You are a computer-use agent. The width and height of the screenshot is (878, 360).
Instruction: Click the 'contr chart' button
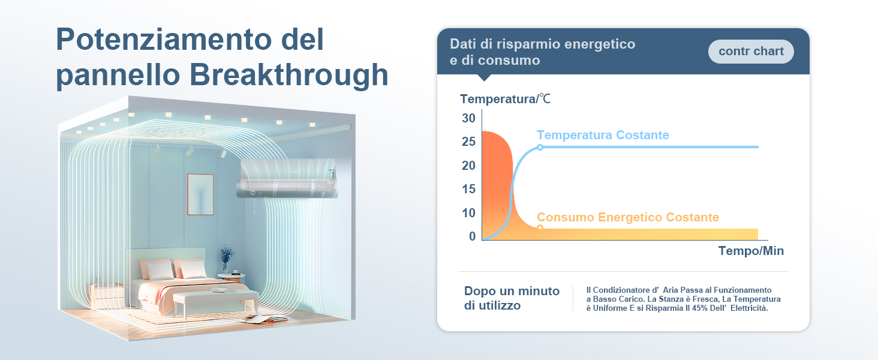tap(751, 52)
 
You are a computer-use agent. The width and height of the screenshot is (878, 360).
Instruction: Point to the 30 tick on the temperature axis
tap(468, 118)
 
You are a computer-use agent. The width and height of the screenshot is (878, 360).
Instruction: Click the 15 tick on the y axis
tap(468, 190)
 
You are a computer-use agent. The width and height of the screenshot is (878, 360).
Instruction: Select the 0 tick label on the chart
tap(472, 236)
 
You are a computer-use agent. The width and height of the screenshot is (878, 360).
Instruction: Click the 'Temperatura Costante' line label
tap(603, 135)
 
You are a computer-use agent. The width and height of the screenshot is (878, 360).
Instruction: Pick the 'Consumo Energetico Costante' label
tap(627, 217)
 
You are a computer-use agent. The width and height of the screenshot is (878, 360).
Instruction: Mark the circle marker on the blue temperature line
tap(540, 147)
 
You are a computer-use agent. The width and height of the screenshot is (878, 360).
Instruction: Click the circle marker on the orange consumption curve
tap(540, 228)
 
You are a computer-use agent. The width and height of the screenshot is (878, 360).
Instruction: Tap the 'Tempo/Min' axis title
tap(751, 251)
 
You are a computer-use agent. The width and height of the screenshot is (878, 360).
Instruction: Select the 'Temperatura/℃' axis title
tap(505, 99)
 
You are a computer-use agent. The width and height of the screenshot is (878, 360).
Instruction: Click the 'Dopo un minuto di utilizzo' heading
tap(512, 298)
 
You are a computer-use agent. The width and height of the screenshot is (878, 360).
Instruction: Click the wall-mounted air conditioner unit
tap(288, 178)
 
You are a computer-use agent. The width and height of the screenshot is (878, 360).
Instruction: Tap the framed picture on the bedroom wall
tap(200, 194)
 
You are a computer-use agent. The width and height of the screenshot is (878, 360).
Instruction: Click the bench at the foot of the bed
tap(215, 299)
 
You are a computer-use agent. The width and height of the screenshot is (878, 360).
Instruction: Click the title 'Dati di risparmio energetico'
tap(542, 44)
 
